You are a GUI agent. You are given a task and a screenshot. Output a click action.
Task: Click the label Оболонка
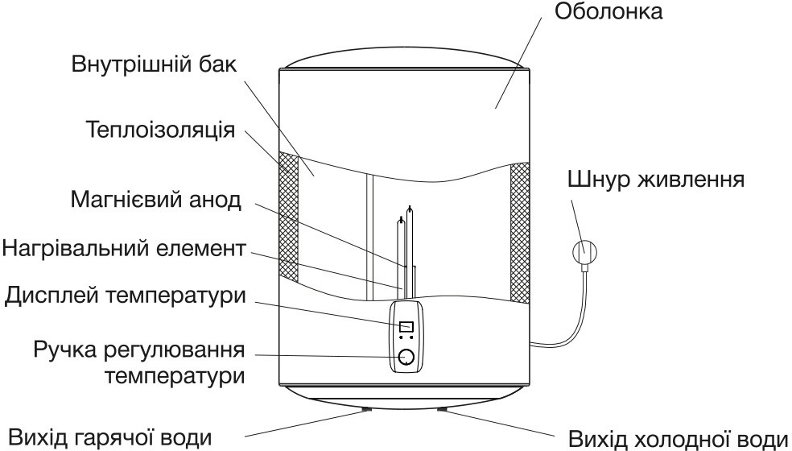coord(612,14)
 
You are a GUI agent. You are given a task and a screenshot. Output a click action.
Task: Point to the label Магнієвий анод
coord(155,199)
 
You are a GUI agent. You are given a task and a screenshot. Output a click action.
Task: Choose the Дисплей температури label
coord(124,295)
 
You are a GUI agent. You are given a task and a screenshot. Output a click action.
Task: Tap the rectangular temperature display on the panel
coord(406,326)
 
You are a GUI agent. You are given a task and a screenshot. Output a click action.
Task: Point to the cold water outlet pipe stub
coord(442,408)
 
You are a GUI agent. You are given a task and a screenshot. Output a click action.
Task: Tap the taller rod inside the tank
coord(411,242)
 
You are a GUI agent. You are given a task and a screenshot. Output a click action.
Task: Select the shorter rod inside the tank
coord(400,254)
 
